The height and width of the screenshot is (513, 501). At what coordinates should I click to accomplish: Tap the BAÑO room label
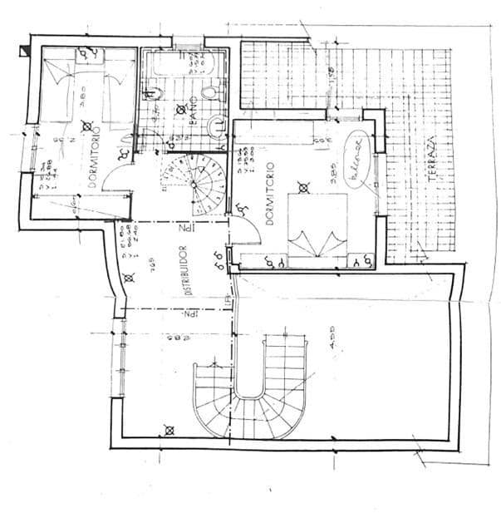193,121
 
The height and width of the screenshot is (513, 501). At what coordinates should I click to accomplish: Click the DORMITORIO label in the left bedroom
94,158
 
